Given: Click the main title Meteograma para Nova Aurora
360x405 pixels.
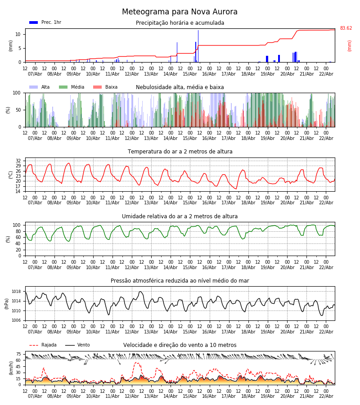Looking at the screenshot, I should pos(180,12).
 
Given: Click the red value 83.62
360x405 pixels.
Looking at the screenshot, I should pos(346,28).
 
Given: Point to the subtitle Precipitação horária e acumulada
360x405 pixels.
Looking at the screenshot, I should pos(180,23).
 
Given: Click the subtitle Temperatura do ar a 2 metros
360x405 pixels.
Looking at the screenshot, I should pos(180,152).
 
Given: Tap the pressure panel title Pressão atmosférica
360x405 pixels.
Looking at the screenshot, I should pos(180,281).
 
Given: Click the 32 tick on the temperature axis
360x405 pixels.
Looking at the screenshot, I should pos(18,161).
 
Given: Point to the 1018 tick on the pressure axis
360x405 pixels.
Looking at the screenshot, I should pos(16,292).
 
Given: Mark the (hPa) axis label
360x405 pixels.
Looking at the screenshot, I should pos(7,303).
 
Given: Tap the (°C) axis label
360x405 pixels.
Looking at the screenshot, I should pos(10,175).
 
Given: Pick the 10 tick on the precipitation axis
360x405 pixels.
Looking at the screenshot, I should pos(18,34).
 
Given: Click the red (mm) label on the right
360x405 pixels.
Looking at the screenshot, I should pos(349,45).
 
